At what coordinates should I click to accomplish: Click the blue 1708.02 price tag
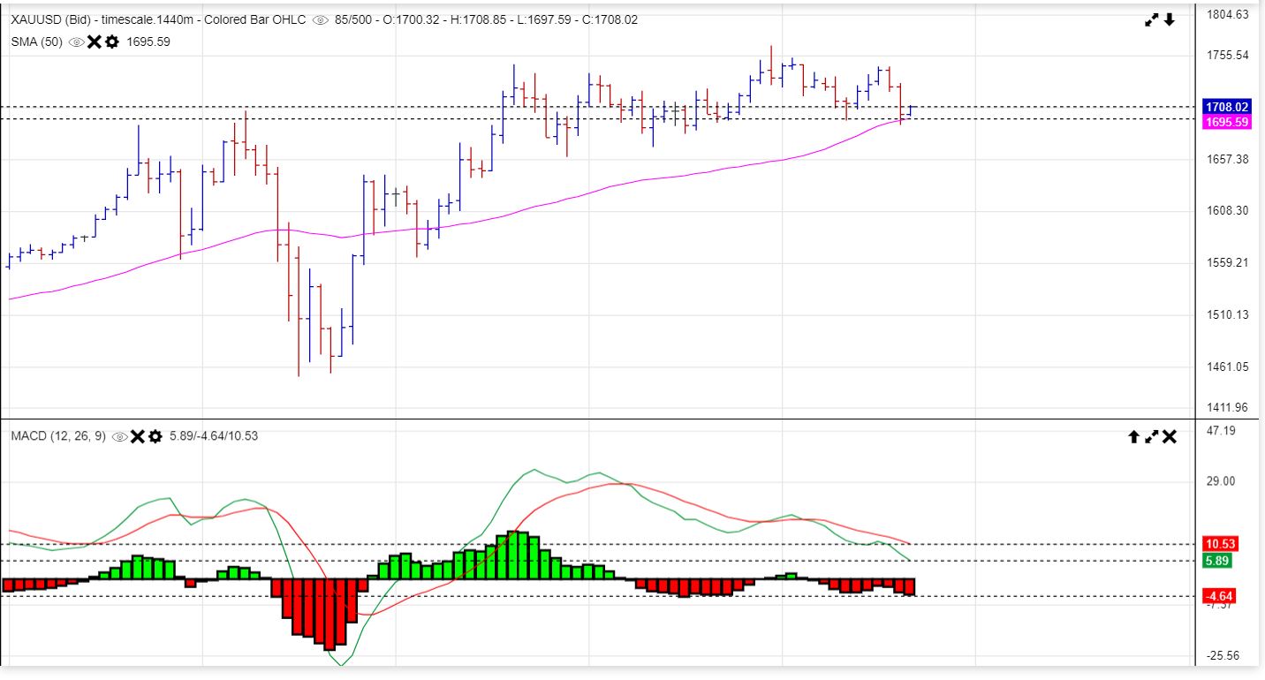pos(1227,107)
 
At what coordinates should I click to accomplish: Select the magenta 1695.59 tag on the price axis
pos(1227,122)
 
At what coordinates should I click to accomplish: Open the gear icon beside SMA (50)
pos(112,42)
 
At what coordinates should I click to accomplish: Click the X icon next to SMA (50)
pos(95,42)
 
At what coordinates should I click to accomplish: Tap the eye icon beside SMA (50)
pos(77,42)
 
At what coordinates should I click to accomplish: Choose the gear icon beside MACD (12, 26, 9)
pos(155,436)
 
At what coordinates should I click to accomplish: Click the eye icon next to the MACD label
pos(120,436)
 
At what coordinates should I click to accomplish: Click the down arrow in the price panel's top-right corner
pos(1170,19)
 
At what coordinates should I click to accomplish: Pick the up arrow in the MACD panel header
pos(1133,436)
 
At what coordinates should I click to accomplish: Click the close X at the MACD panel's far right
pos(1170,436)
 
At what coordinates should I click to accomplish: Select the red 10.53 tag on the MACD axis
pos(1220,544)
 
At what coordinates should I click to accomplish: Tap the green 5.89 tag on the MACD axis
pos(1218,561)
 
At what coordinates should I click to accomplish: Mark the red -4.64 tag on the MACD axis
pos(1219,595)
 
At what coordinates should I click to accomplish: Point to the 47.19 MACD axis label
pos(1222,430)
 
